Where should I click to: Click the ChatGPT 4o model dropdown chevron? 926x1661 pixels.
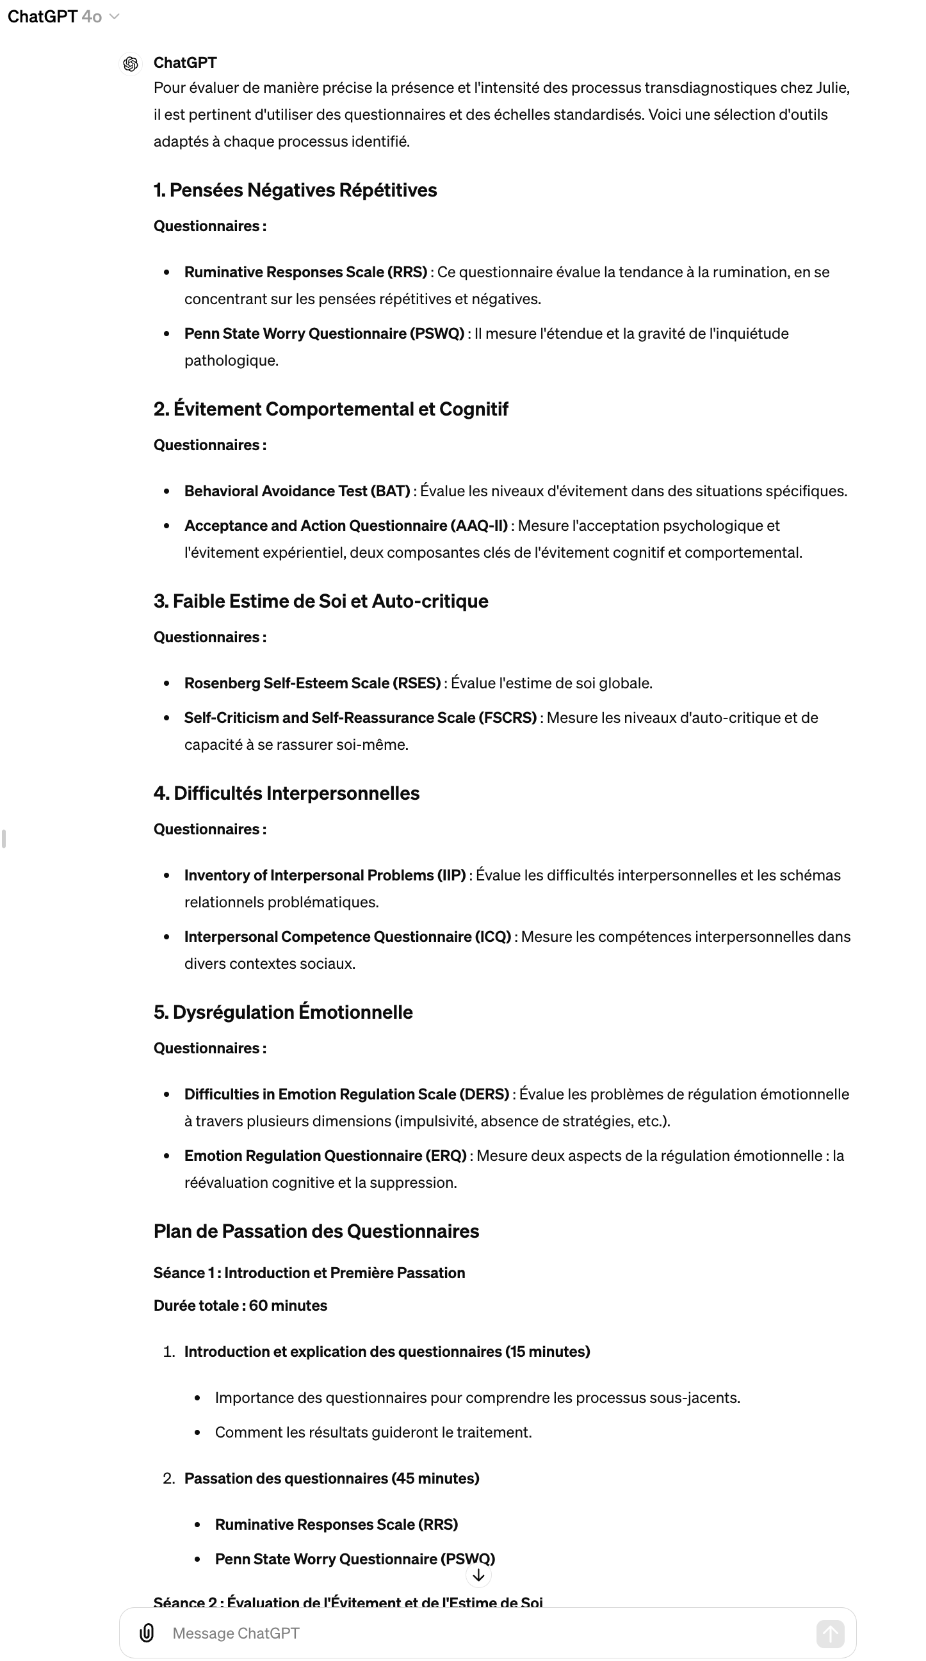point(115,17)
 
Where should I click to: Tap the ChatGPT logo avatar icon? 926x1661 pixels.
point(131,64)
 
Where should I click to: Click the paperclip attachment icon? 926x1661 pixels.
point(147,1633)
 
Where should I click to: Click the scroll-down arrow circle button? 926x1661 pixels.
point(478,1575)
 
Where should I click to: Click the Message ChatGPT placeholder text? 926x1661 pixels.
point(236,1633)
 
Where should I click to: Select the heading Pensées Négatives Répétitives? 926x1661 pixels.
point(295,190)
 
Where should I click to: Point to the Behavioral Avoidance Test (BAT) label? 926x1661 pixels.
point(297,490)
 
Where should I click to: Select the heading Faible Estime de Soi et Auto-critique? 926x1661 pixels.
point(321,601)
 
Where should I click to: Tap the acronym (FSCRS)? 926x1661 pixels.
point(507,718)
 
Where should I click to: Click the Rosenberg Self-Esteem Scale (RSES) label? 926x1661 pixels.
point(312,683)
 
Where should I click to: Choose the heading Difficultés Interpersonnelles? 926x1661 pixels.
point(286,793)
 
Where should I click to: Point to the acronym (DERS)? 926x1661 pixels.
point(483,1094)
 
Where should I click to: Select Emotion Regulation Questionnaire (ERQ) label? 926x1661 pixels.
point(325,1156)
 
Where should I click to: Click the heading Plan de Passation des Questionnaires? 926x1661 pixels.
point(316,1231)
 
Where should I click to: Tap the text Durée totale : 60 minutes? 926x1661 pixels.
point(241,1305)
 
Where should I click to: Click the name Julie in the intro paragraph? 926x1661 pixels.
point(832,88)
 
